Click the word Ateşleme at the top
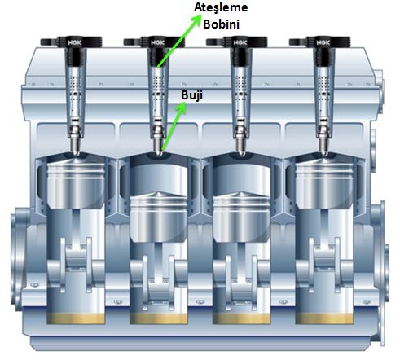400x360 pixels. coord(221,7)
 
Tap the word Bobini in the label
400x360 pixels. coord(222,24)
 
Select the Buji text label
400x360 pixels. coord(191,95)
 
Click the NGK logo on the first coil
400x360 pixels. coord(74,42)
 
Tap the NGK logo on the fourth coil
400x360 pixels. coord(323,42)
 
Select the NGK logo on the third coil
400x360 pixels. coord(240,42)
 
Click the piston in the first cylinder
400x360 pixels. coord(76,184)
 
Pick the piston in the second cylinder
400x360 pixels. coord(159,217)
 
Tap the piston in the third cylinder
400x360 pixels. coord(242,217)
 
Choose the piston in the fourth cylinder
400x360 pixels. coord(324,184)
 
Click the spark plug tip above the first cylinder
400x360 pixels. coord(76,153)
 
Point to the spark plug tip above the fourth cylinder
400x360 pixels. coord(324,153)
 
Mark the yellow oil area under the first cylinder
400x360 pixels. coord(76,318)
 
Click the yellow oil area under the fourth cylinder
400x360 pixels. coord(324,318)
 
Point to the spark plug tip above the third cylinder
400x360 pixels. coord(241,153)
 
